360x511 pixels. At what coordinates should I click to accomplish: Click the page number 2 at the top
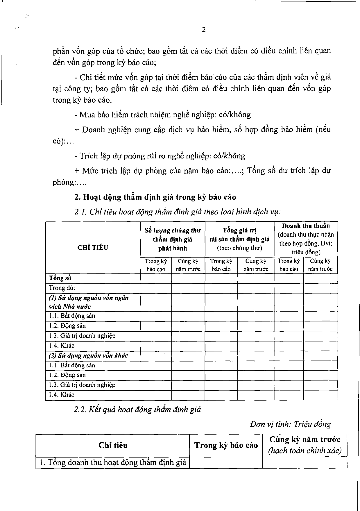204,30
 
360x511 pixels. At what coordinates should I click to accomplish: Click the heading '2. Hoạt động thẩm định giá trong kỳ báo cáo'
155,197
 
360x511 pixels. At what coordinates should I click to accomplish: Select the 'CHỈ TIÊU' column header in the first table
93,248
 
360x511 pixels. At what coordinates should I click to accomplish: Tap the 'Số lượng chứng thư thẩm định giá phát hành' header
173,240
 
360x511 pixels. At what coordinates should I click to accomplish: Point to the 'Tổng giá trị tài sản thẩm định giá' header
239,239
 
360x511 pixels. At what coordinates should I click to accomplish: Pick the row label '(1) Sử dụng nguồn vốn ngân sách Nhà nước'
88,302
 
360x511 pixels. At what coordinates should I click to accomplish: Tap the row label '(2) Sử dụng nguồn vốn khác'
88,355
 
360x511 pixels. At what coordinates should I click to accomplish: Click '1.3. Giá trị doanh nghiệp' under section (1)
82,336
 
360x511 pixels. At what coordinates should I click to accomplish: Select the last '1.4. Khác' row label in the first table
62,395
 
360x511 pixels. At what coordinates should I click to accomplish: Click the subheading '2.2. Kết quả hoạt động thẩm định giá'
137,410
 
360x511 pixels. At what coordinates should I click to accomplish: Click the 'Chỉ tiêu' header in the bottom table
113,445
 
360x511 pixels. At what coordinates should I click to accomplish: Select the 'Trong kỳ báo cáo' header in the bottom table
226,445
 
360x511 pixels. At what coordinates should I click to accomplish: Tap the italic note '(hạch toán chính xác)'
305,451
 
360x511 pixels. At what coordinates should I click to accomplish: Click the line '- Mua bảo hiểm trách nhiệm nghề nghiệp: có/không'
162,115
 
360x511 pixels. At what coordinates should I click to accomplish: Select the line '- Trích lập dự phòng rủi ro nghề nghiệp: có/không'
160,156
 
